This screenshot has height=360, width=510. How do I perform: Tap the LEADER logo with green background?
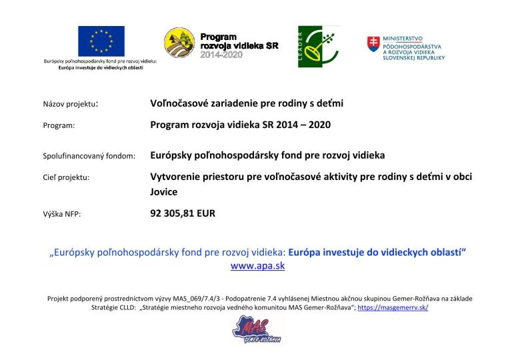tap(318, 46)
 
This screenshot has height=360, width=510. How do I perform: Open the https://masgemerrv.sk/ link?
tap(393, 309)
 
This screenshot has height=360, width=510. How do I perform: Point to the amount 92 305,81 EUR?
tap(183, 214)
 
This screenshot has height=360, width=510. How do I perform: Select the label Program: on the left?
tap(59, 125)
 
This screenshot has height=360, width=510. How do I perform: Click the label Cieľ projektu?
tap(65, 178)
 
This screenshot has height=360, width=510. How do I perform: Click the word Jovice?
tap(164, 191)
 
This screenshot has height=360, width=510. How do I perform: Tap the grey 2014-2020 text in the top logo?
tap(222, 55)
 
